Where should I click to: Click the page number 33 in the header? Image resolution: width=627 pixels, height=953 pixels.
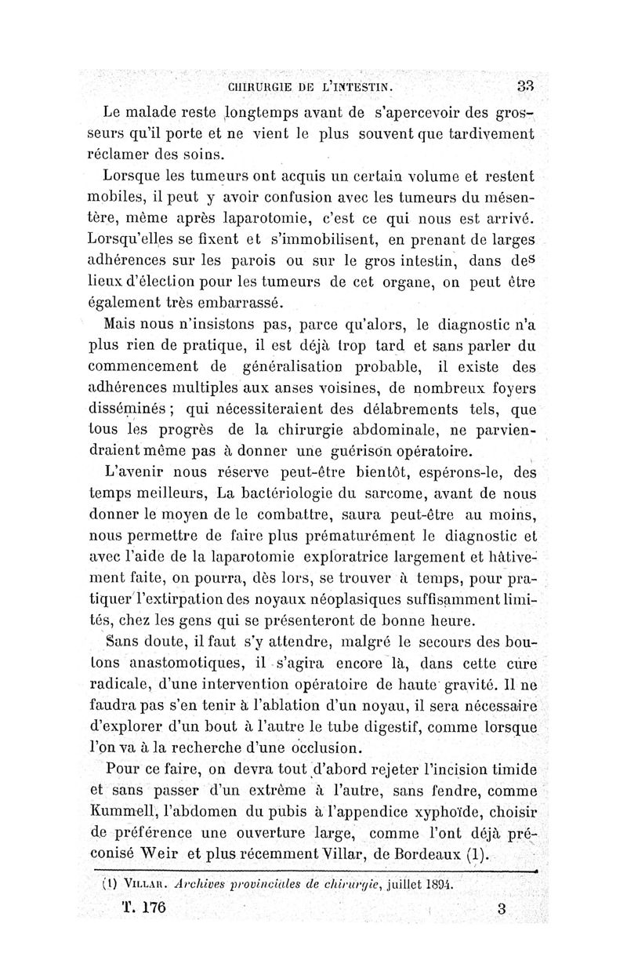(524, 85)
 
